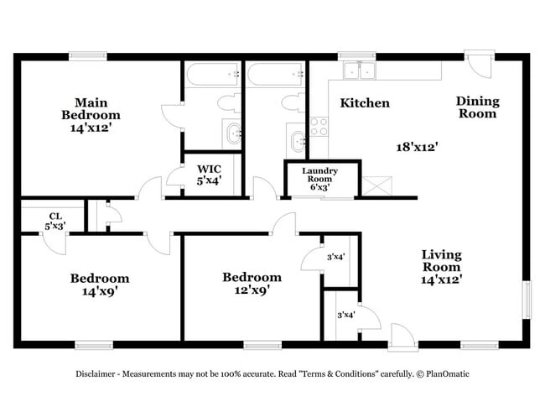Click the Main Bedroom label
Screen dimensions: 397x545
(x=96, y=115)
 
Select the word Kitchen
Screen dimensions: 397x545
(x=365, y=103)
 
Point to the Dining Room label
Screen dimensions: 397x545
(x=477, y=107)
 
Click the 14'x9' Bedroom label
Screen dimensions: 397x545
(x=99, y=285)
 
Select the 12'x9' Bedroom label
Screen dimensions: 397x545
(x=252, y=284)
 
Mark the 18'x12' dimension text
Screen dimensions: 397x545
(x=418, y=146)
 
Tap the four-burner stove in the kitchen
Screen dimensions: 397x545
(x=319, y=126)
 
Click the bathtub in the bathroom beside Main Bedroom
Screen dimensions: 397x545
(x=212, y=74)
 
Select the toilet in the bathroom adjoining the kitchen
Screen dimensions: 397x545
(x=293, y=103)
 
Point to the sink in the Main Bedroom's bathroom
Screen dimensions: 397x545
(x=231, y=133)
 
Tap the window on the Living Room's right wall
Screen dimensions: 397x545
(x=527, y=298)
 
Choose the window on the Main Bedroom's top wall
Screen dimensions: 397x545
(x=88, y=56)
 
